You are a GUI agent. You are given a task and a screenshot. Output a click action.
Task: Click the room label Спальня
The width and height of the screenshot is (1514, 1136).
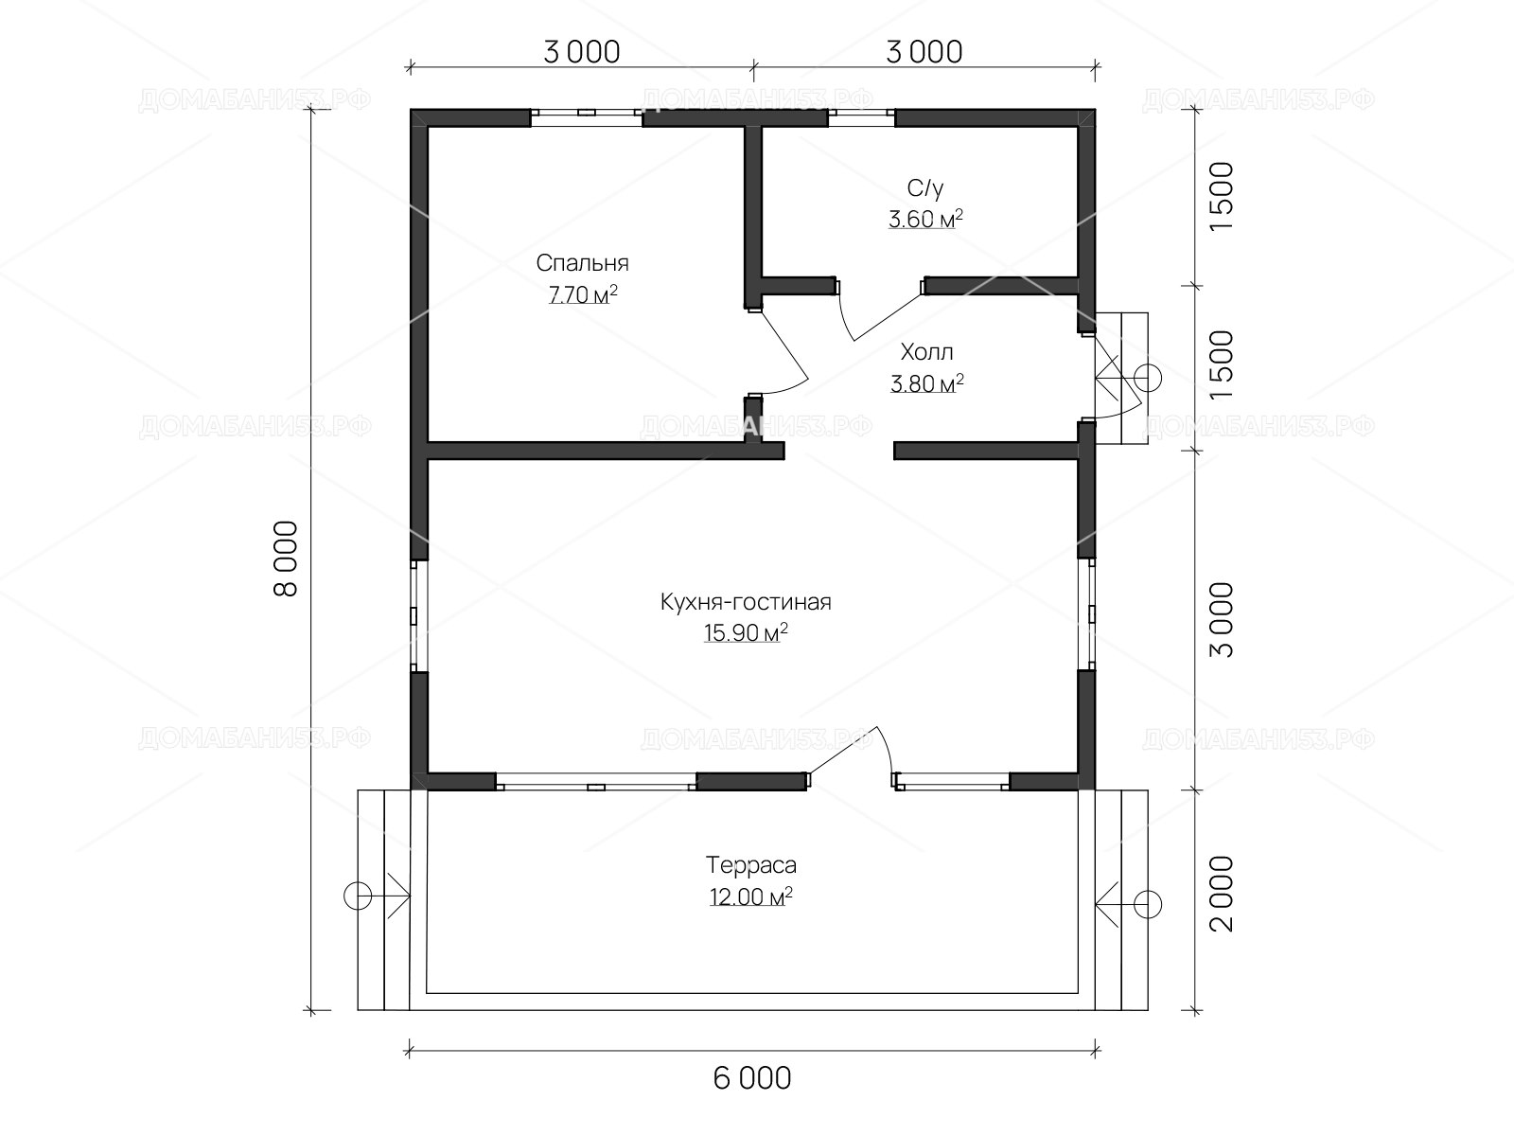(x=582, y=263)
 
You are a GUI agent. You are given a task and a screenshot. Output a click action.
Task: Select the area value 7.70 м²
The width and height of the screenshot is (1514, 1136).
(x=583, y=294)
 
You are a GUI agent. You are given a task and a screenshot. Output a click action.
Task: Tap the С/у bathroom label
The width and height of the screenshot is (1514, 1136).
(x=924, y=187)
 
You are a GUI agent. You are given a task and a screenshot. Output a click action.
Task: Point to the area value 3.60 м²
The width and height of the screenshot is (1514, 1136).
(x=924, y=220)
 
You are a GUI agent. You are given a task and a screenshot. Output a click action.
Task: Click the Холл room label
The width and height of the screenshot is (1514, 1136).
(x=926, y=352)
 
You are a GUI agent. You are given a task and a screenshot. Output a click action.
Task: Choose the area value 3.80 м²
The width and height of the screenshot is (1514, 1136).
(x=926, y=382)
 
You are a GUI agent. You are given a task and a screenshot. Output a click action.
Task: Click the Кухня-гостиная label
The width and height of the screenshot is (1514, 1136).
(x=746, y=602)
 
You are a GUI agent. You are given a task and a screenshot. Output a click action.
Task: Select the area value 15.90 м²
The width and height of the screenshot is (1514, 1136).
(x=746, y=632)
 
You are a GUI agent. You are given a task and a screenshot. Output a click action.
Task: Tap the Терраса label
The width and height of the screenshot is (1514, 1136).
(x=750, y=865)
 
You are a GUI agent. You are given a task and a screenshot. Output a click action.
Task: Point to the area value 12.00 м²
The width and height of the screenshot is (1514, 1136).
(x=750, y=896)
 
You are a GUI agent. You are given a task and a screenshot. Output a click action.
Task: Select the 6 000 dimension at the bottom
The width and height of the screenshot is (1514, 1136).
(x=752, y=1079)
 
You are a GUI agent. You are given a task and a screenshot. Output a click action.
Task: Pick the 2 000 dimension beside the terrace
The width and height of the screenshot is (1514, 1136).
(x=1222, y=894)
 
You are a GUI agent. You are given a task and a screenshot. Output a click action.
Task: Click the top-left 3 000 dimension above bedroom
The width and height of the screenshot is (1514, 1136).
(x=581, y=52)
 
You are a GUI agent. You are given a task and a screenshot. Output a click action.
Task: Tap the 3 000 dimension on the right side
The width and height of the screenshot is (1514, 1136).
(x=1222, y=619)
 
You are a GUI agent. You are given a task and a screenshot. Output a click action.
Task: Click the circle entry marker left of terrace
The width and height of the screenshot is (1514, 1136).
(x=358, y=896)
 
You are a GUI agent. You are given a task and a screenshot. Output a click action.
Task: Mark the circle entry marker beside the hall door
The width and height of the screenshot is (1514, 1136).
(x=1148, y=378)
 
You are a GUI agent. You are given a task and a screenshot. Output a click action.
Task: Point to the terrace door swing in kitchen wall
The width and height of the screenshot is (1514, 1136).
(x=886, y=749)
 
